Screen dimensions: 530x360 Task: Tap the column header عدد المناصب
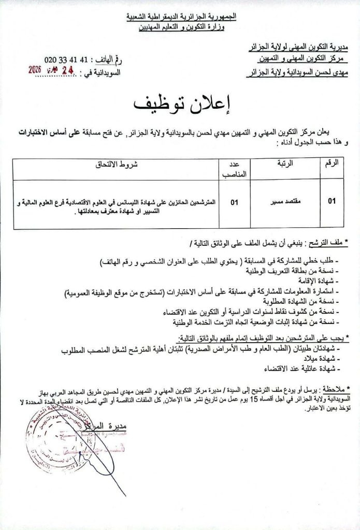[234, 168]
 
